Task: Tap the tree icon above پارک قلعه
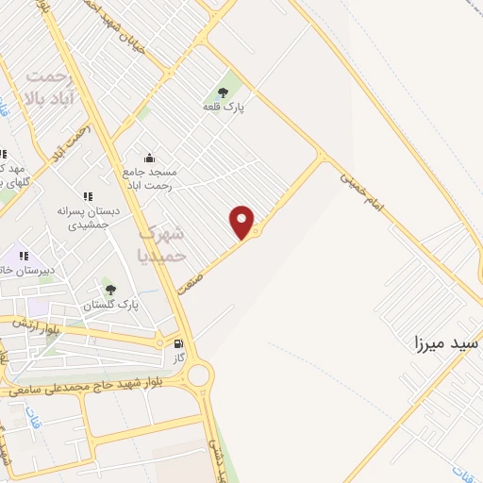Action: click(x=223, y=92)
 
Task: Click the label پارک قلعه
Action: click(x=224, y=108)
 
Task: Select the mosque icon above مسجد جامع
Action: click(x=148, y=158)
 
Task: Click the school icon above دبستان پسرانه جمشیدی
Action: click(x=88, y=197)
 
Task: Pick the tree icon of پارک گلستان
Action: click(x=110, y=290)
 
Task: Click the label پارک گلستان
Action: click(x=110, y=306)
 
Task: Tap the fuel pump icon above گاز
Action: click(x=178, y=345)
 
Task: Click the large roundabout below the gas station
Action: click(x=199, y=375)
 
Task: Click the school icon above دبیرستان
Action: click(x=24, y=256)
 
